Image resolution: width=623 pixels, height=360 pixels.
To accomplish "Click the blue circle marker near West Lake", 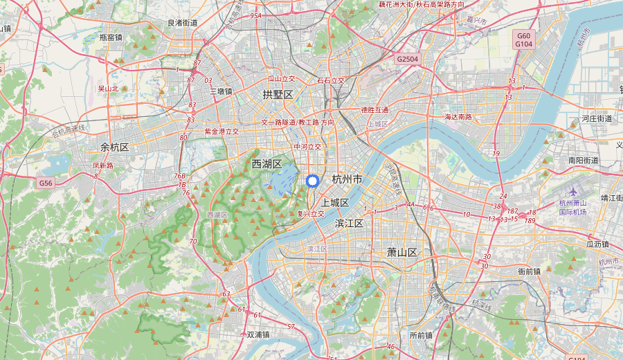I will click(x=311, y=181).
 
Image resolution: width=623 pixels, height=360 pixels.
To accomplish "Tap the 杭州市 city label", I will click(x=347, y=179).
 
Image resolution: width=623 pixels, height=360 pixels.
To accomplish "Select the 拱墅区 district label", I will click(x=278, y=94).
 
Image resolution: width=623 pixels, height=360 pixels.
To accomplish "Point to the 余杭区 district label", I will click(x=115, y=147).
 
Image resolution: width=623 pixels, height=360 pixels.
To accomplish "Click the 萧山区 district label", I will click(x=402, y=252).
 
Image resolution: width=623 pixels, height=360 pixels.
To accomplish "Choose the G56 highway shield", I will click(x=46, y=183).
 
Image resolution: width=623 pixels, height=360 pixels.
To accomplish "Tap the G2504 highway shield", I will click(x=407, y=60).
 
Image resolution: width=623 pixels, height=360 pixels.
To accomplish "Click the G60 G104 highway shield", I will click(x=523, y=39).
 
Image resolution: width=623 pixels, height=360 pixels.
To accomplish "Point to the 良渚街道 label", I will click(x=183, y=23).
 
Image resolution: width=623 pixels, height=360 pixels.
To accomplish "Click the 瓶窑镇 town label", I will click(x=111, y=37).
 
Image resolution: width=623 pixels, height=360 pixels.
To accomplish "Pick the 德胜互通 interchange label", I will click(x=375, y=110).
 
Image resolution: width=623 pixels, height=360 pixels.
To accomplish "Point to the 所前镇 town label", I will click(x=421, y=335).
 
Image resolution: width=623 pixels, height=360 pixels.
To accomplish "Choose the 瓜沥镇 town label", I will click(x=597, y=244).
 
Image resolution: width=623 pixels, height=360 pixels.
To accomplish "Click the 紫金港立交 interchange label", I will click(x=222, y=131).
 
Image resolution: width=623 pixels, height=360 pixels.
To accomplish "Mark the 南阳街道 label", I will click(x=583, y=160).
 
